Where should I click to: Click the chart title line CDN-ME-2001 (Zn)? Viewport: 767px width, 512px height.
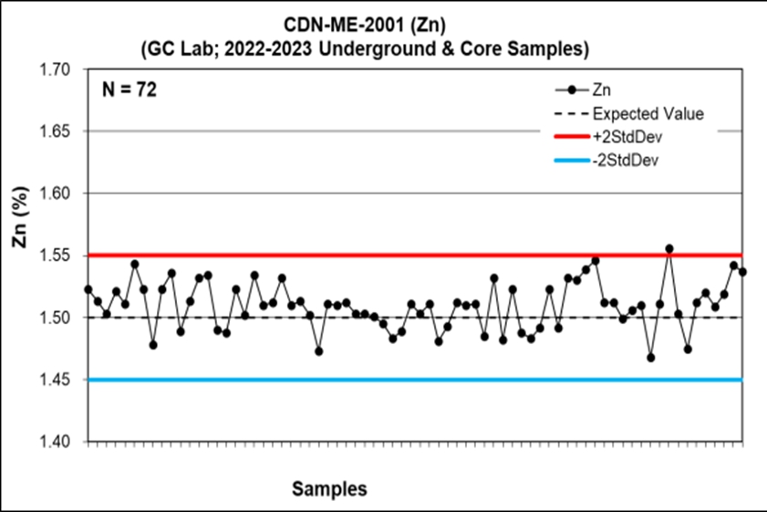[x=383, y=25]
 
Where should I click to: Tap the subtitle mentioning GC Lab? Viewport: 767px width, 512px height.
[x=383, y=46]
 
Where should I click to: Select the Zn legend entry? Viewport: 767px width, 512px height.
[x=603, y=91]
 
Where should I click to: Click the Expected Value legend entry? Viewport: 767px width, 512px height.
[x=648, y=114]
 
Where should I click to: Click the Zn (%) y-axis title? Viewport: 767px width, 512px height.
[x=20, y=256]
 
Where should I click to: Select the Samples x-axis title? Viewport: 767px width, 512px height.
[x=329, y=489]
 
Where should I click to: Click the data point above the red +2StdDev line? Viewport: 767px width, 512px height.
[x=669, y=248]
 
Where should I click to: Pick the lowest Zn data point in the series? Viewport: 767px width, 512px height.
[x=651, y=358]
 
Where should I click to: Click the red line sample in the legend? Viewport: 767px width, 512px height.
[x=571, y=137]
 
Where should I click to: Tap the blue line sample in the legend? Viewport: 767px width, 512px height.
[x=571, y=159]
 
